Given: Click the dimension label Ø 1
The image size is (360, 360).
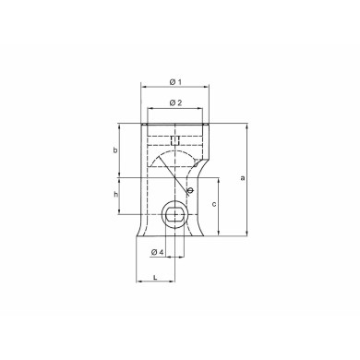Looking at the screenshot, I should point(174,82).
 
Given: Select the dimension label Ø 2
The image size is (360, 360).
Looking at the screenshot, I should point(174,102).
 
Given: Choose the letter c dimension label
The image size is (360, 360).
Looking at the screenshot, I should point(215,203).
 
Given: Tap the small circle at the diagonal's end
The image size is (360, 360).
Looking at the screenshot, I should point(189,192).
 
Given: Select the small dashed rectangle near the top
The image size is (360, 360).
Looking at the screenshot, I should point(174,140).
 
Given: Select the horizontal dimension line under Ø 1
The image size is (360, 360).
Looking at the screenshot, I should point(174,90).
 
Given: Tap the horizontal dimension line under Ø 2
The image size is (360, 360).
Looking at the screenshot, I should point(174,110).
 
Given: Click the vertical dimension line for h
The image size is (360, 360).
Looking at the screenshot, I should point(119,196).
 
